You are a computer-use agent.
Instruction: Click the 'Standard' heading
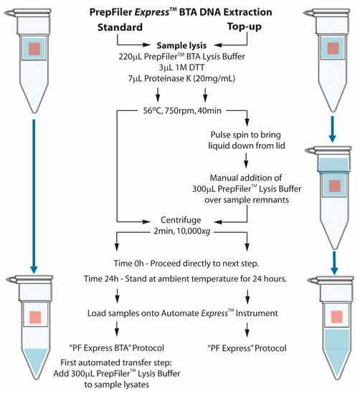coord(120,27)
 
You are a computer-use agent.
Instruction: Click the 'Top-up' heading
coord(245,27)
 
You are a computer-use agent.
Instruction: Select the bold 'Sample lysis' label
coord(181,45)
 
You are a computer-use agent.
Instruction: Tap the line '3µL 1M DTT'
coord(181,67)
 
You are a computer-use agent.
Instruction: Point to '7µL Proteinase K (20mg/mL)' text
coord(181,79)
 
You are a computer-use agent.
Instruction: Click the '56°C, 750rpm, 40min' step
coord(182,110)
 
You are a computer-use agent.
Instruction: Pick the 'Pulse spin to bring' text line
coord(245,135)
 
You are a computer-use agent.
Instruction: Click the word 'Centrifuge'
coord(181,220)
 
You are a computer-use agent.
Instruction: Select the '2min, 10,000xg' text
coord(182,231)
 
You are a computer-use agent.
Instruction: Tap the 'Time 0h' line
coord(186,264)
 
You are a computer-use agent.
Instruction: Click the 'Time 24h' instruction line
coord(185,279)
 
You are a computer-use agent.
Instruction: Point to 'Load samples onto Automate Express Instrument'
coord(183,313)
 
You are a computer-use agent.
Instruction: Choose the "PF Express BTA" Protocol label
coord(116,348)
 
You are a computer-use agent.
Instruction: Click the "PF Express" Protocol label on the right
coord(247,348)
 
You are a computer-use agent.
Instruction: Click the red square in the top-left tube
coord(34,49)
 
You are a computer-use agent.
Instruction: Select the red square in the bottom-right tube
coord(337,317)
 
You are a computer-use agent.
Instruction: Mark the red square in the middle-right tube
coord(335,186)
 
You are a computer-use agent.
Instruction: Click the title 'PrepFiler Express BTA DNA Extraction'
coord(181,12)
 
